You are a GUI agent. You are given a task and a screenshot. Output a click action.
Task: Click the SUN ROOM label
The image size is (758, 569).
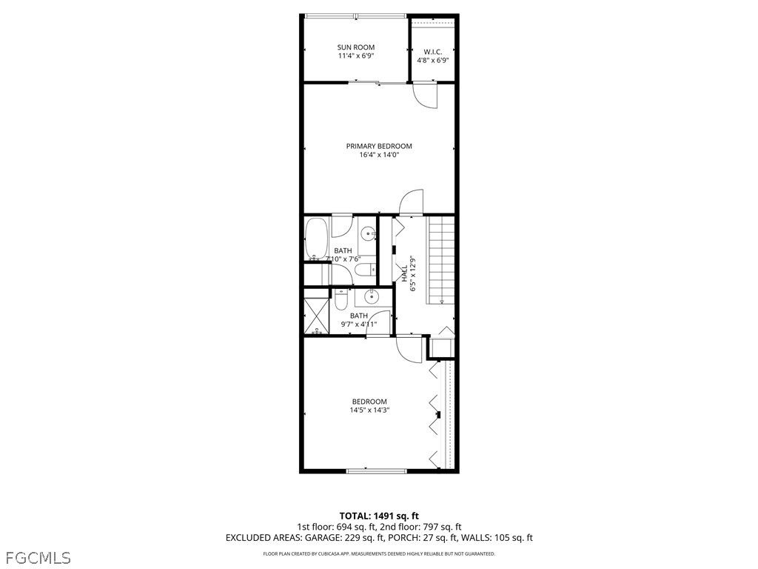(x=356, y=47)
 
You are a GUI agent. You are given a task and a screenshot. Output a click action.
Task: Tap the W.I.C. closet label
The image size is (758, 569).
(x=433, y=51)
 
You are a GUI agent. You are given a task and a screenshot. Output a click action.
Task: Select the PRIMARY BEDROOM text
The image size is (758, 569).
(x=379, y=146)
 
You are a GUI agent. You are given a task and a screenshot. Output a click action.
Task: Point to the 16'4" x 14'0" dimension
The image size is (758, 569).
(x=379, y=156)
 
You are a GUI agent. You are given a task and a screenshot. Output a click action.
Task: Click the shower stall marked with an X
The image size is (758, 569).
(x=315, y=316)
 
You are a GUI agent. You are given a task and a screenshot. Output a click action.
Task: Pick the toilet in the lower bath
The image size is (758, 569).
(x=341, y=299)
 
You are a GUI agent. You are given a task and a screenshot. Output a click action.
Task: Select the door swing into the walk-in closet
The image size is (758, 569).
(x=426, y=96)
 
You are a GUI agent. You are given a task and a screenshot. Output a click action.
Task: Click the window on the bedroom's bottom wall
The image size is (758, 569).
(x=376, y=470)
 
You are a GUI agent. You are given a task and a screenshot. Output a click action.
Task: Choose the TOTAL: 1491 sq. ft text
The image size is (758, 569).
(x=379, y=516)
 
